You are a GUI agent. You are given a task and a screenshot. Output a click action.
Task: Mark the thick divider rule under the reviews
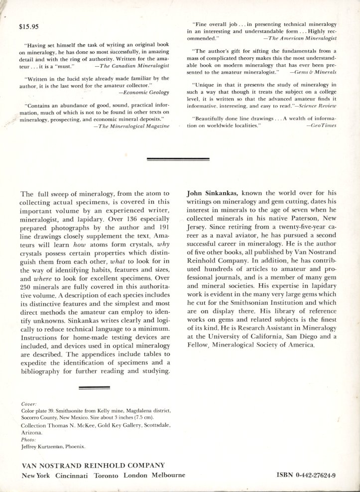[179, 159]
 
